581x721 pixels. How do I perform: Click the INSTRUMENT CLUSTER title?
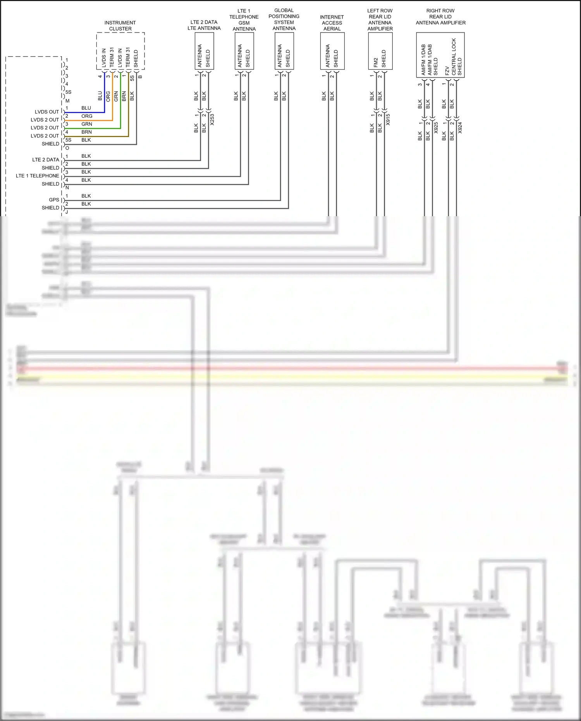tap(120, 26)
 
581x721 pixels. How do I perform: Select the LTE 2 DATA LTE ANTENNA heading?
tap(204, 25)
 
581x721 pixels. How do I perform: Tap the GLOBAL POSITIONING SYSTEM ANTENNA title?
tap(284, 19)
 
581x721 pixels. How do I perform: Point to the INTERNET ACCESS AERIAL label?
tap(332, 23)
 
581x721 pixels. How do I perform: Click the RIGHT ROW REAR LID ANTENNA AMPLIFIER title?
tap(440, 17)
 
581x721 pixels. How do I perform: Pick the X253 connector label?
tap(212, 120)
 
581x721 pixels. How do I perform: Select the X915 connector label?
tap(388, 120)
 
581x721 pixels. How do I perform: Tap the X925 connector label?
tap(436, 128)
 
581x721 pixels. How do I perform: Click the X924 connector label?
tap(460, 128)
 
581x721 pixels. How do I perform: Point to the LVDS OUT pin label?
tap(46, 112)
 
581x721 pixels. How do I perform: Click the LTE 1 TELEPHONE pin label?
tap(37, 176)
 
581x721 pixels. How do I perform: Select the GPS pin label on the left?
tap(54, 200)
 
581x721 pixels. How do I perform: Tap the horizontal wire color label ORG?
tap(87, 116)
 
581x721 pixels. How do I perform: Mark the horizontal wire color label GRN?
tap(87, 124)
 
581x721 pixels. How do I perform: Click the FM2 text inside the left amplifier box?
tap(376, 63)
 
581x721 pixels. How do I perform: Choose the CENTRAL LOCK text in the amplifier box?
tap(454, 56)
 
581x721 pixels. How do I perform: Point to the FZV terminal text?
tap(447, 71)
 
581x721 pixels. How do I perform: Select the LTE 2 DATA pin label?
tap(45, 160)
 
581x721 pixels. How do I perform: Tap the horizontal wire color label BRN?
tap(87, 132)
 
